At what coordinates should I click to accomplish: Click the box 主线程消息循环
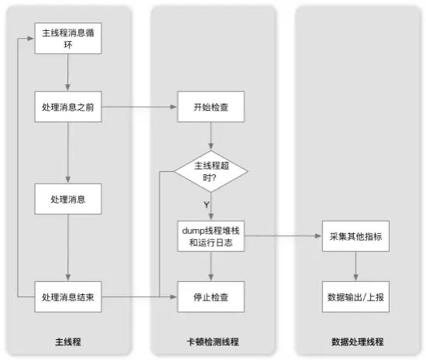68,38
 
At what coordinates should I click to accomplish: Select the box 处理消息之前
68,107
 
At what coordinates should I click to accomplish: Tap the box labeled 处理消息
68,199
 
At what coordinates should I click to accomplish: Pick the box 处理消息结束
68,297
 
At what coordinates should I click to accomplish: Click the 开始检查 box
211,107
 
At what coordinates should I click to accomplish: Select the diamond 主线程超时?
211,171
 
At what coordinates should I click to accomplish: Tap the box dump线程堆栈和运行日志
211,236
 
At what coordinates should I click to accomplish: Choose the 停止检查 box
211,297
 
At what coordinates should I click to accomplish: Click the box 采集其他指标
356,236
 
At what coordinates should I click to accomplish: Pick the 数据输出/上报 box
356,297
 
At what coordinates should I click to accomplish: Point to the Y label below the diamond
207,204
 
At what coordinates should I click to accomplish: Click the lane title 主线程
68,341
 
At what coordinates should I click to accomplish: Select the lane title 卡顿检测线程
213,341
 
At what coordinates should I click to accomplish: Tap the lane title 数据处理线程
358,341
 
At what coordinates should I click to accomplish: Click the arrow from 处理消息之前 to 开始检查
139,107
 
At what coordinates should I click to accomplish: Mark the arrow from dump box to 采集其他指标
283,236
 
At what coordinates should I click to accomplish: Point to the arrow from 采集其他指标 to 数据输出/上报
356,266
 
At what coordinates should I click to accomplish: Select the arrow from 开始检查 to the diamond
211,136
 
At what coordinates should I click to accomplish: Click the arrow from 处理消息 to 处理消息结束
68,248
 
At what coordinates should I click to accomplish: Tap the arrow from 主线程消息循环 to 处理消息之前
68,73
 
